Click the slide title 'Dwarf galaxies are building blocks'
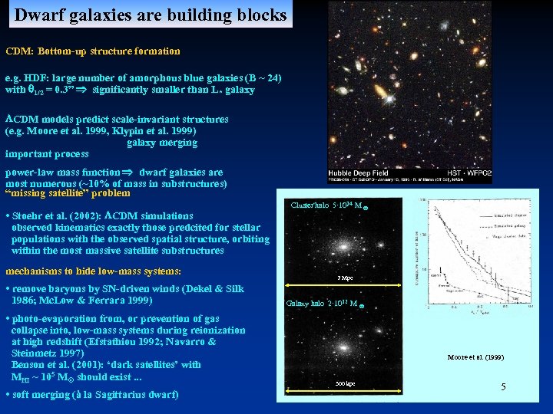[x=151, y=15]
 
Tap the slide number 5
[x=503, y=387]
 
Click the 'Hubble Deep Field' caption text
[x=354, y=172]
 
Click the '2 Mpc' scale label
[x=345, y=277]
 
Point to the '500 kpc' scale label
[x=345, y=383]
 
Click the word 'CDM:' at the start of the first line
[x=18, y=51]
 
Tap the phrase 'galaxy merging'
[x=161, y=143]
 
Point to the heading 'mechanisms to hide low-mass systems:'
[x=93, y=271]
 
